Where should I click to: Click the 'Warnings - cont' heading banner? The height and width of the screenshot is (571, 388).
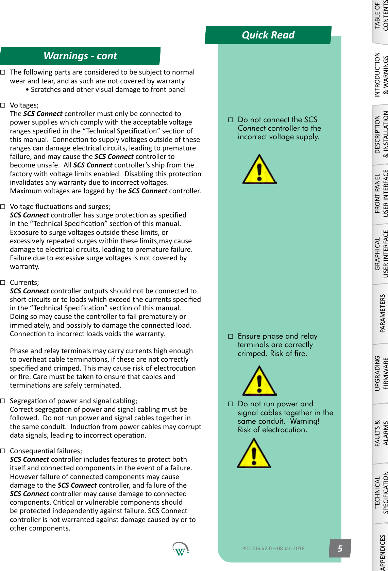pyautogui.click(x=80, y=56)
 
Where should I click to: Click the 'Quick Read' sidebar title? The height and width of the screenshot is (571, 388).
pyautogui.click(x=268, y=35)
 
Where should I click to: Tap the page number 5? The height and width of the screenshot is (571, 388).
pyautogui.click(x=340, y=548)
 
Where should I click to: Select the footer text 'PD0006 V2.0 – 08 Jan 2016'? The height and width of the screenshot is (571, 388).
pyautogui.click(x=273, y=549)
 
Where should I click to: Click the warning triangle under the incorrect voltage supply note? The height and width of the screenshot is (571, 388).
pyautogui.click(x=259, y=170)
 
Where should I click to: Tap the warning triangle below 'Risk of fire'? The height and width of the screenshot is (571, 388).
pyautogui.click(x=259, y=381)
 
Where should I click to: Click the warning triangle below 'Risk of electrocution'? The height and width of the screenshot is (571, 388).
pyautogui.click(x=254, y=454)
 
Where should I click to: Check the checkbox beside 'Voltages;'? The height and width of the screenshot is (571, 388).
pyautogui.click(x=3, y=105)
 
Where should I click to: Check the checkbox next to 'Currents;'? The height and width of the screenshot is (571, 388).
pyautogui.click(x=3, y=282)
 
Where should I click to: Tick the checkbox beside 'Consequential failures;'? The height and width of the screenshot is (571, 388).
pyautogui.click(x=3, y=451)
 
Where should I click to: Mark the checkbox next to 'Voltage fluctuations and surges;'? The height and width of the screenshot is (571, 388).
pyautogui.click(x=3, y=207)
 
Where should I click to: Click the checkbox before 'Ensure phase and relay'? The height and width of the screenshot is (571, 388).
pyautogui.click(x=231, y=336)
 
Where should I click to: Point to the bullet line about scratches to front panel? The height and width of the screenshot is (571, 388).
pyautogui.click(x=108, y=89)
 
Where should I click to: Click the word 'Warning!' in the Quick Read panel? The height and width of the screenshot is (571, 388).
pyautogui.click(x=305, y=421)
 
